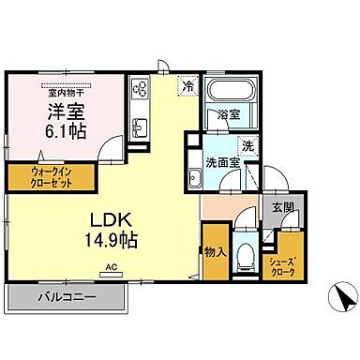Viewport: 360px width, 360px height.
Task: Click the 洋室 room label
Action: click(63, 112)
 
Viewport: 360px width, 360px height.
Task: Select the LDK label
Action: click(111, 220)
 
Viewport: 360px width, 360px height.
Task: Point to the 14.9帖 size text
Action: click(112, 240)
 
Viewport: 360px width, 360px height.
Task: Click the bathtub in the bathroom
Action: click(231, 96)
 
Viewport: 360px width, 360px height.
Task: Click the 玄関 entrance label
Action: click(281, 207)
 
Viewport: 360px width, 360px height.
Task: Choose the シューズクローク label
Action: click(283, 265)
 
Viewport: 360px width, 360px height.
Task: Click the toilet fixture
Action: click(246, 253)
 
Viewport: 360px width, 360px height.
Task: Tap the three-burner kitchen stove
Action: click(141, 90)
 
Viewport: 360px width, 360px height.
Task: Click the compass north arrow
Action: click(343, 299)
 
